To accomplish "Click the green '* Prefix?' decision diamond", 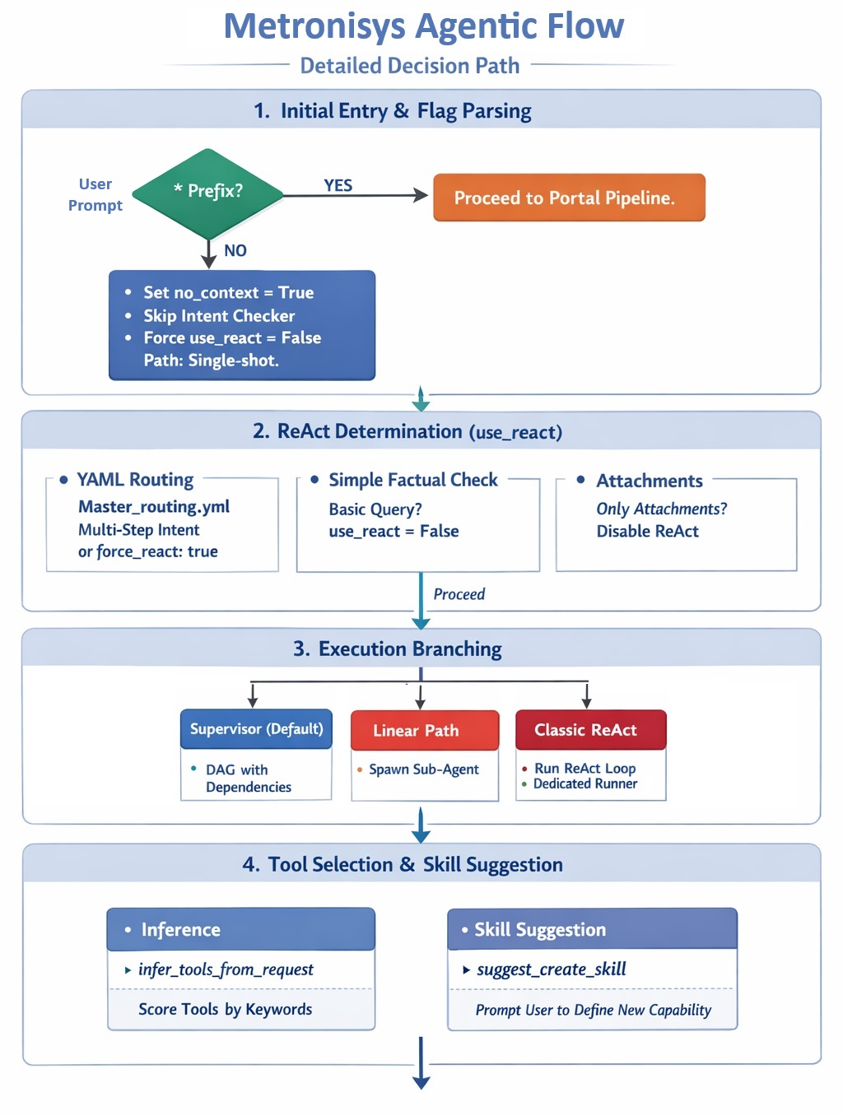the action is coord(208,193).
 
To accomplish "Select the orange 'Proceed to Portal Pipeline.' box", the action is coord(569,198).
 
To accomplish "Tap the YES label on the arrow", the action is coord(338,185).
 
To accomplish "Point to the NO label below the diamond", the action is coord(235,250).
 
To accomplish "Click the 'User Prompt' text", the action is coord(95,194).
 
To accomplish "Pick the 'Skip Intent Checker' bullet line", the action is coord(219,316).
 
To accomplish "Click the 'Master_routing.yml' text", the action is coord(154,506).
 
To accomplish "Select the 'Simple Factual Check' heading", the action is coord(413,480).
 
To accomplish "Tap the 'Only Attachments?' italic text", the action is coord(662,509).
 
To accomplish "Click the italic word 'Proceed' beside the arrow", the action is coord(459,594).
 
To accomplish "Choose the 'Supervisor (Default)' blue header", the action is coord(256,728).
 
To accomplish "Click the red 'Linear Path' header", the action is coord(425,730).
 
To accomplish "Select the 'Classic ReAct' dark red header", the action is coord(591,729).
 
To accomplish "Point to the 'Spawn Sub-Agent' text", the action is coord(423,770).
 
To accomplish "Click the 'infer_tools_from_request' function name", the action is coord(226,969).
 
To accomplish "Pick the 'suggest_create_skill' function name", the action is coord(551,969).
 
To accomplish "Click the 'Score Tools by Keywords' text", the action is coord(226,1009).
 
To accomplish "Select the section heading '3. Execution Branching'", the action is coord(398,649).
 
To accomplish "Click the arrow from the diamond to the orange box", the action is coord(356,195).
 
